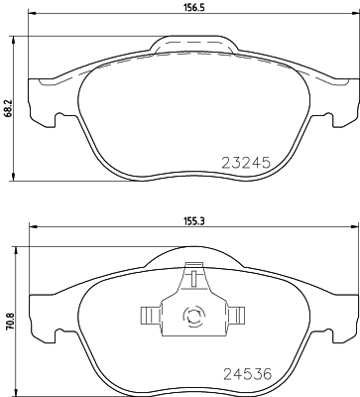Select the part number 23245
tap(244, 161)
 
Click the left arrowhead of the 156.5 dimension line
tap(33, 17)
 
